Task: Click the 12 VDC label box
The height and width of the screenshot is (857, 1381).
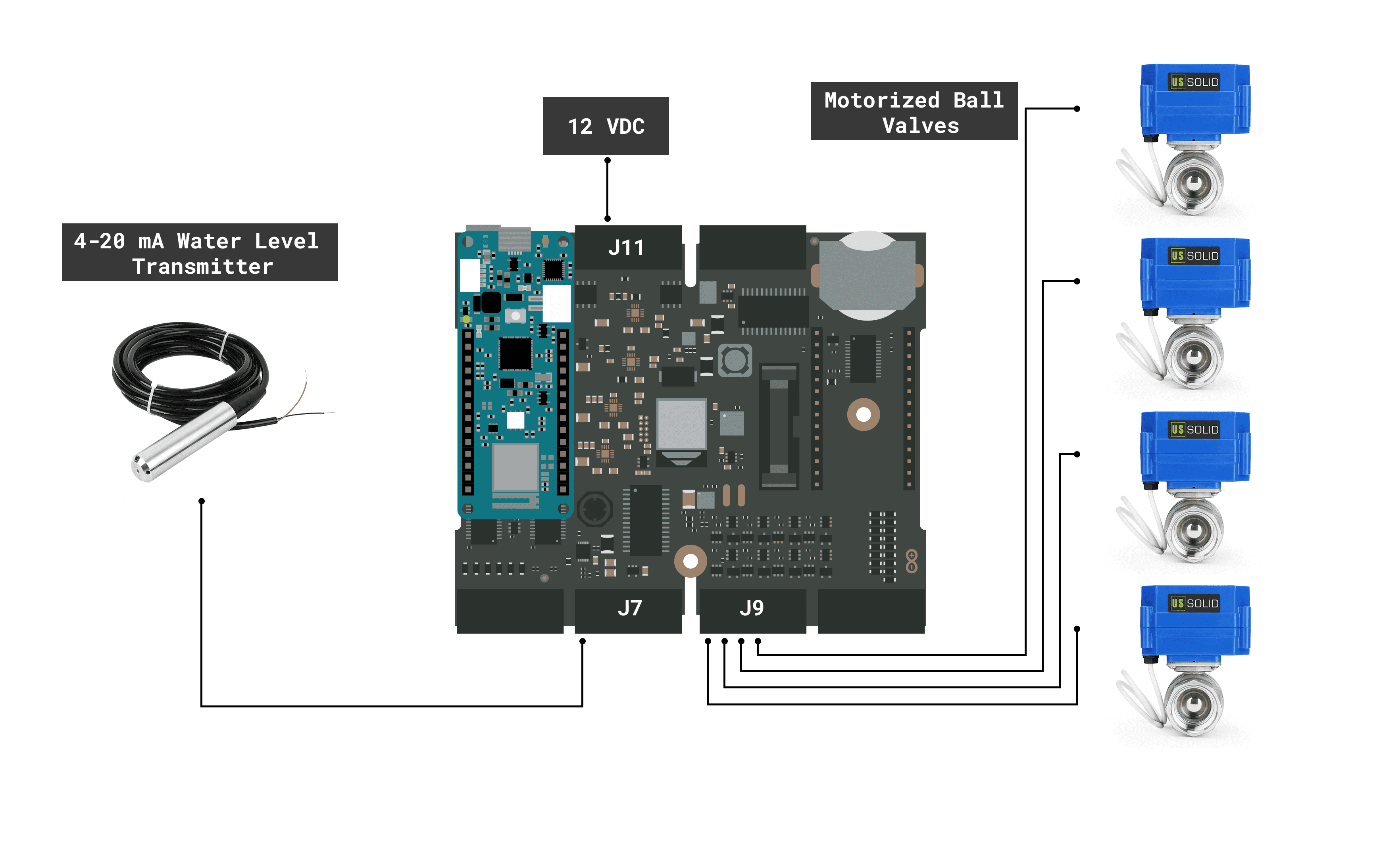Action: pos(606,126)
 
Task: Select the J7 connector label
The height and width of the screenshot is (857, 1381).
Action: pos(629,608)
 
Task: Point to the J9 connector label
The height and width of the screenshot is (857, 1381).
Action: pos(752,608)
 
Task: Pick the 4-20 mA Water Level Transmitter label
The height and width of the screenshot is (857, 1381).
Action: pos(200,253)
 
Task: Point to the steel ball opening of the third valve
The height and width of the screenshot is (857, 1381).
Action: pos(1193,530)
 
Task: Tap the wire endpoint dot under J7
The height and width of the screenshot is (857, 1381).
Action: pos(582,641)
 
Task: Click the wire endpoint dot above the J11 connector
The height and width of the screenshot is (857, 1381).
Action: pos(607,218)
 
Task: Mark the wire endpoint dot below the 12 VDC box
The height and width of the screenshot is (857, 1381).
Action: pos(607,160)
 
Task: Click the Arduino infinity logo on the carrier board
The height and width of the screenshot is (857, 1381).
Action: pos(911,561)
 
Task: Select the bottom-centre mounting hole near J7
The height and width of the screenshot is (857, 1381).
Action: pos(690,561)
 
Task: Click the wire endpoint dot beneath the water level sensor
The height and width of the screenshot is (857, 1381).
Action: pos(201,501)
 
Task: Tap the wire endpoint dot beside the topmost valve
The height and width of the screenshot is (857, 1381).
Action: pos(1077,109)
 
